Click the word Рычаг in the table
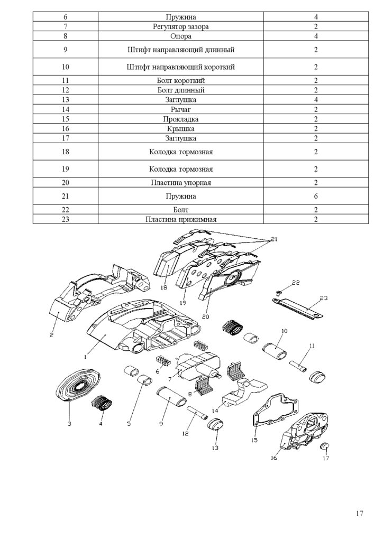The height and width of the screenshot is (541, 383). click(x=180, y=109)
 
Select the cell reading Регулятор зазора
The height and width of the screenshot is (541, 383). click(x=180, y=26)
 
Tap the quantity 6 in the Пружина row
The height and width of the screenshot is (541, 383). click(x=316, y=197)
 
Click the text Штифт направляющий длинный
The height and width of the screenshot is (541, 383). click(x=180, y=50)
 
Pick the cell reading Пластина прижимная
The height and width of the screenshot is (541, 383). click(x=180, y=219)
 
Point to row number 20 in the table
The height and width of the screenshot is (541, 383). click(x=66, y=182)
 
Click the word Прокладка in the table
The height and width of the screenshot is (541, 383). click(x=180, y=119)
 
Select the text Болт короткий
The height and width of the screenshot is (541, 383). click(x=180, y=80)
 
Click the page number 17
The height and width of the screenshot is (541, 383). click(x=360, y=513)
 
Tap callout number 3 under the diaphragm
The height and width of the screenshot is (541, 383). click(x=69, y=423)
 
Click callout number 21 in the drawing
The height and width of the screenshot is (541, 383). click(x=274, y=239)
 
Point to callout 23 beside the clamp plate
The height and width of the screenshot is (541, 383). click(x=324, y=299)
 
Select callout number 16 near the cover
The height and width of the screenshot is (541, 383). click(x=273, y=458)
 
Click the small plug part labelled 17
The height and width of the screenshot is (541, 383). click(x=326, y=446)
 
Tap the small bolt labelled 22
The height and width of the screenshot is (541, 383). click(x=279, y=294)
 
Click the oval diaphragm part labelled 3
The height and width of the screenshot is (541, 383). click(x=78, y=385)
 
